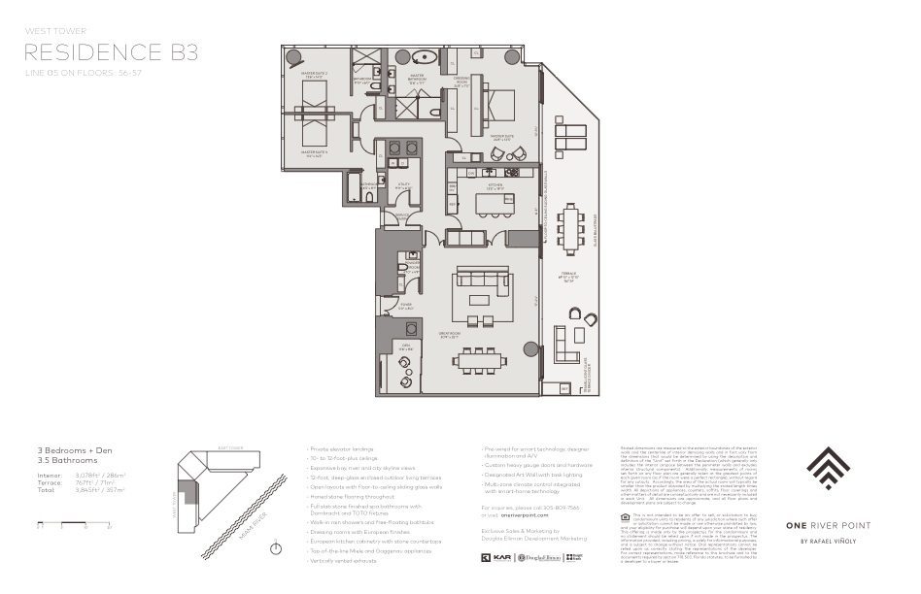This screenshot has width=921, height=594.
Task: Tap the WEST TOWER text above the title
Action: pyautogui.click(x=50, y=31)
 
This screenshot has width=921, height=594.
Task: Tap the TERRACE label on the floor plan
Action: pyautogui.click(x=565, y=281)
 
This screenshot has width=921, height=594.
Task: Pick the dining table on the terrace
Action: pyautogui.click(x=569, y=227)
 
